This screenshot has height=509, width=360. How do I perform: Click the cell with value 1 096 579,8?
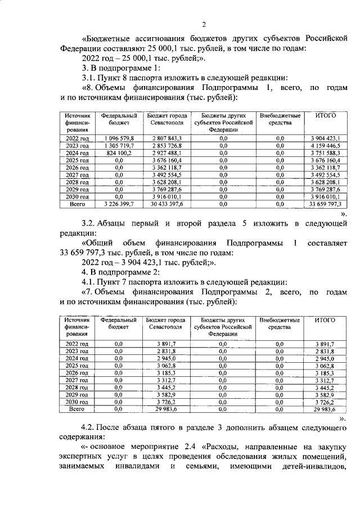tap(119, 138)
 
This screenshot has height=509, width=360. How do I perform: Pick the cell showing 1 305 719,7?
tap(119, 145)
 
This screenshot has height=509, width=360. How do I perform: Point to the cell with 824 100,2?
tap(119, 152)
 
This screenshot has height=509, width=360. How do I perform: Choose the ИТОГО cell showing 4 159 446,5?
tap(326, 145)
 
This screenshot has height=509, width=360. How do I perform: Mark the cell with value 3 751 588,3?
tap(326, 152)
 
